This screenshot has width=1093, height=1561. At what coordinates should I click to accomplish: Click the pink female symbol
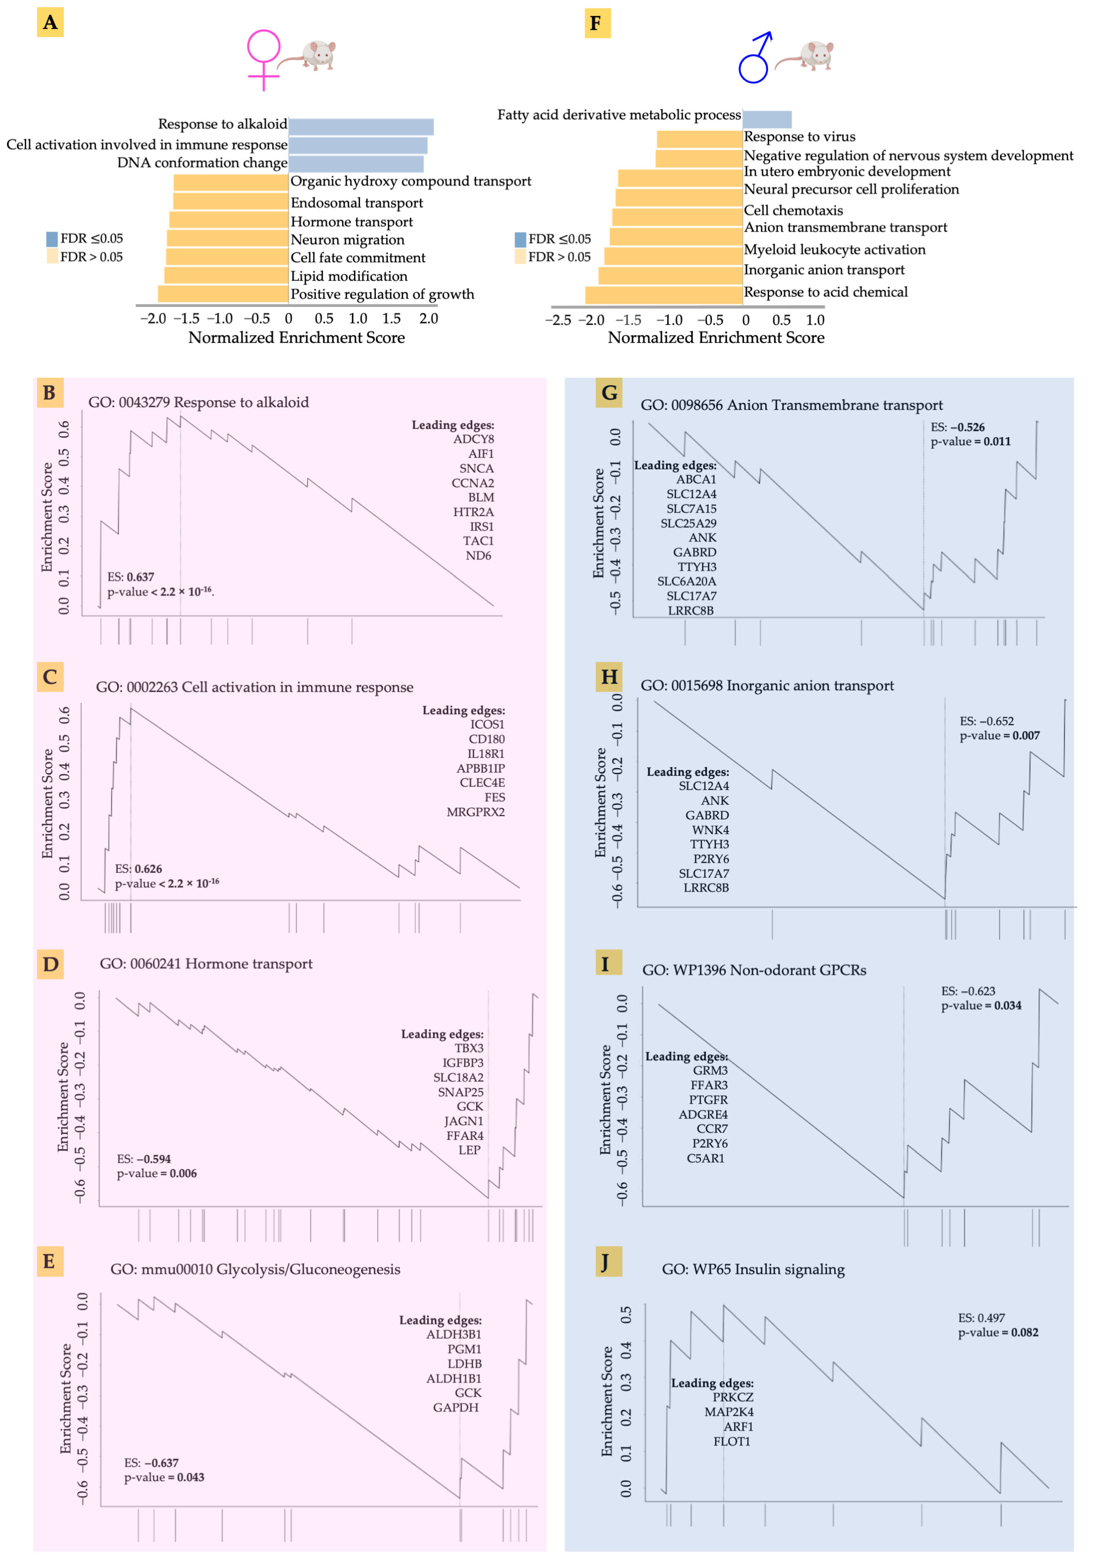263,59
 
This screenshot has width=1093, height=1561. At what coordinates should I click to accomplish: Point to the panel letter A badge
50,22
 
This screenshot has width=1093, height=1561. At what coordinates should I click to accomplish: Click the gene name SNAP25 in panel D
460,1092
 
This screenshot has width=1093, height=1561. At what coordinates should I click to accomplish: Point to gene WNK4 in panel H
710,830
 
